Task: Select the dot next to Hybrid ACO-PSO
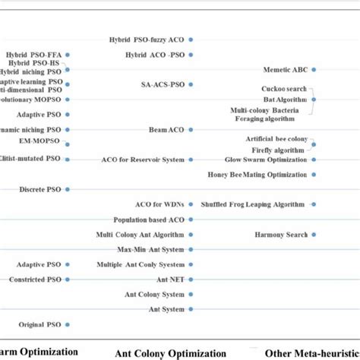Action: pos(191,55)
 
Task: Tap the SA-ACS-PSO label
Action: pos(163,84)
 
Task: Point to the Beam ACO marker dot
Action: pos(191,130)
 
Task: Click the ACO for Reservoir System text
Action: pos(143,159)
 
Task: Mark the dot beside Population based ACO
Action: pos(191,219)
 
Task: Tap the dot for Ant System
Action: pos(191,309)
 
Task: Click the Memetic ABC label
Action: pos(289,70)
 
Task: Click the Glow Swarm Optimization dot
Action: pos(314,159)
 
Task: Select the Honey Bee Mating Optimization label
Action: pos(256,175)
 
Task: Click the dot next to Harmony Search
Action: pos(314,235)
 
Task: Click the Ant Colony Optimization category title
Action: pos(170,353)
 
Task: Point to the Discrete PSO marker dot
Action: pos(68,189)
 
